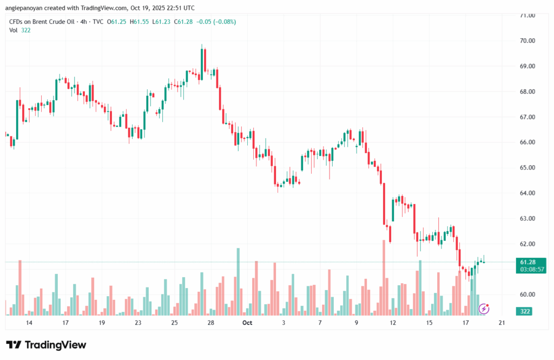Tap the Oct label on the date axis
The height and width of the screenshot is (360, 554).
[247, 323]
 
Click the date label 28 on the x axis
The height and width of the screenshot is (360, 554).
[211, 323]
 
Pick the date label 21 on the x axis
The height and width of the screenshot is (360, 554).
[502, 323]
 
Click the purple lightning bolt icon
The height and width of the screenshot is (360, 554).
[485, 309]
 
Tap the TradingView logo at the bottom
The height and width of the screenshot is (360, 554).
[46, 345]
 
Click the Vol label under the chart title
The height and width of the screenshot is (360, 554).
[14, 30]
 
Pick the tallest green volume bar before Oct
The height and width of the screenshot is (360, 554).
[238, 282]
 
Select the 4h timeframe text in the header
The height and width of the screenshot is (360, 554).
[83, 22]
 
